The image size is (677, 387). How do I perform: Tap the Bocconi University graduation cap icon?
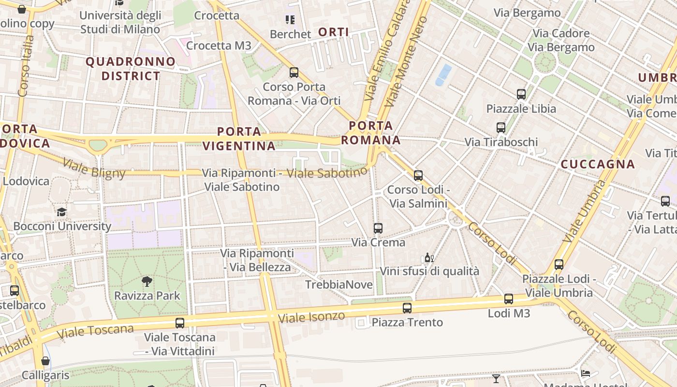pyautogui.click(x=61, y=212)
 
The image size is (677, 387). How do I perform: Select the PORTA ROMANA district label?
pyautogui.click(x=371, y=133)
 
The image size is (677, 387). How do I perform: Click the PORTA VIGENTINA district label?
pyautogui.click(x=239, y=138)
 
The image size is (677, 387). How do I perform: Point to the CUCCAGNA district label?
pyautogui.click(x=598, y=164)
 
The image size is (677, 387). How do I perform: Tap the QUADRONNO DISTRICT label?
pyautogui.click(x=131, y=69)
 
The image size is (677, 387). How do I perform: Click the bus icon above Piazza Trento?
pyautogui.click(x=407, y=308)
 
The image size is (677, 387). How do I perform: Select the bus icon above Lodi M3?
pyautogui.click(x=509, y=299)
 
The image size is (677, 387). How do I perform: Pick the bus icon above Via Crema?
pyautogui.click(x=378, y=228)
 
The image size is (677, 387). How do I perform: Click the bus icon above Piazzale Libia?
pyautogui.click(x=521, y=94)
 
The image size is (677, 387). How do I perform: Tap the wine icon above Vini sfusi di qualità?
pyautogui.click(x=429, y=257)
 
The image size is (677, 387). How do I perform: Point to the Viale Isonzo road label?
pyautogui.click(x=312, y=317)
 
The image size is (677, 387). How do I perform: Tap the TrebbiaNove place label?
pyautogui.click(x=339, y=285)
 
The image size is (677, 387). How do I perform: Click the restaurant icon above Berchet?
pyautogui.click(x=290, y=20)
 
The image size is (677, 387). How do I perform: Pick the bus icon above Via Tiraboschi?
pyautogui.click(x=501, y=128)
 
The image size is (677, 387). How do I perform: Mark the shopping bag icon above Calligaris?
pyautogui.click(x=45, y=361)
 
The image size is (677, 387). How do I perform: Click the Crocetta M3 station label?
pyautogui.click(x=219, y=45)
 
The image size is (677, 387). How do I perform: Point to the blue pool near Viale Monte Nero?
pyautogui.click(x=443, y=75)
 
